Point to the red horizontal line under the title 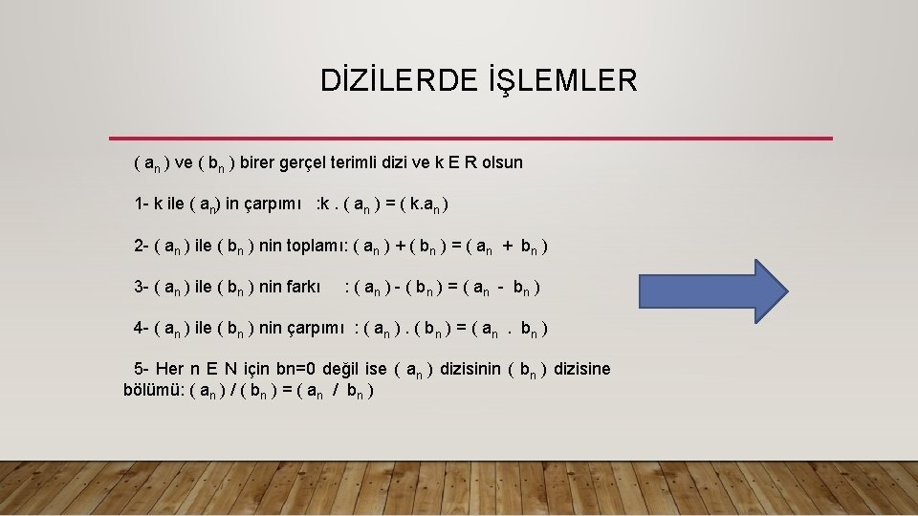[x=470, y=139]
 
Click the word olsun [x=494, y=161]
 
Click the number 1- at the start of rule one [x=142, y=204]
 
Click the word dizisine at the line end [x=581, y=369]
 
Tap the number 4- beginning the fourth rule [x=142, y=328]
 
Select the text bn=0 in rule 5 [x=295, y=369]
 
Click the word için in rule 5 [x=252, y=369]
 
